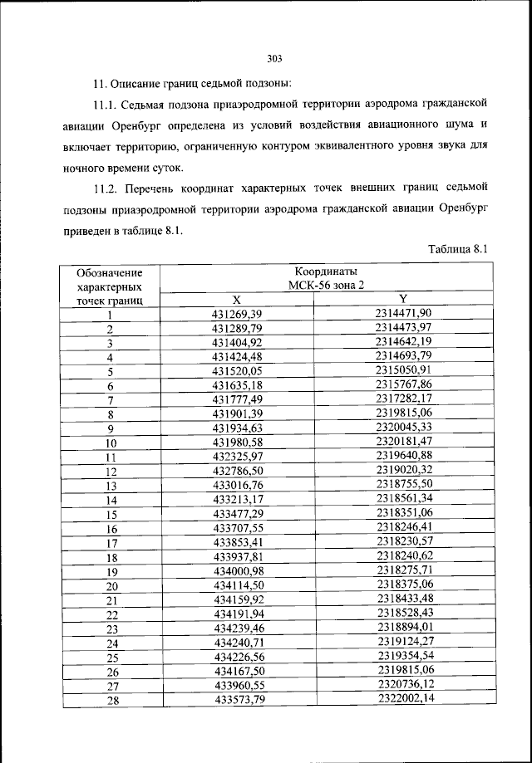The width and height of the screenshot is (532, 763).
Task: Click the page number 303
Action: (275, 59)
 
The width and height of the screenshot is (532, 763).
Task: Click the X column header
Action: (236, 299)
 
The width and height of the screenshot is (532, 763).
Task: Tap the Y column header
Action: (403, 299)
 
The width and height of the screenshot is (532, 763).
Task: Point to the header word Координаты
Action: (326, 271)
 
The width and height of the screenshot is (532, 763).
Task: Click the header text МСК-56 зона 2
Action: (326, 285)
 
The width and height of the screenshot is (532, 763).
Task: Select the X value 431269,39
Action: (237, 314)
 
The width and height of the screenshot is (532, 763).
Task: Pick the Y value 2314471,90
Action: (403, 313)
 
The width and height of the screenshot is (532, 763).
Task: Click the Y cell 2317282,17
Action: (403, 399)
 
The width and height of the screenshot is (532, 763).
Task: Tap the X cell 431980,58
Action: (237, 443)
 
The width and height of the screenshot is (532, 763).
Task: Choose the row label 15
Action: (110, 515)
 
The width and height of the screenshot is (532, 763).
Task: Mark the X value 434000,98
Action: (237, 571)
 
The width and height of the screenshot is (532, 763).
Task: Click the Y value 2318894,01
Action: (403, 628)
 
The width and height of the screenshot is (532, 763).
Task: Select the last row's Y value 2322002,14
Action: (403, 700)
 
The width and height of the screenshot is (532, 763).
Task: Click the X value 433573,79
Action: (237, 700)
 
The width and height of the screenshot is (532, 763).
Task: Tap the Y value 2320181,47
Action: (403, 443)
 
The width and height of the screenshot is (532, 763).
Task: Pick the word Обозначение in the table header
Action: (109, 272)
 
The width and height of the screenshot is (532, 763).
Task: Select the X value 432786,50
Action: (237, 471)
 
